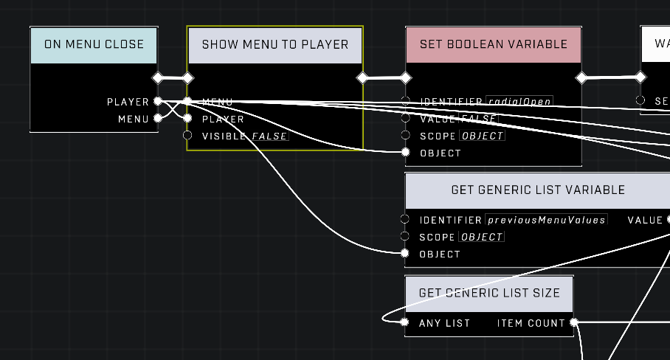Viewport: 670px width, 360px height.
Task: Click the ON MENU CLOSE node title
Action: [x=94, y=44]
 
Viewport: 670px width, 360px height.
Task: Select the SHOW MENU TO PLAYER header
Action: [x=274, y=44]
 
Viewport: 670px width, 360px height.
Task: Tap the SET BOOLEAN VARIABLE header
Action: [x=493, y=44]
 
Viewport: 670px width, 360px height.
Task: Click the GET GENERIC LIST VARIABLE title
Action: [x=537, y=190]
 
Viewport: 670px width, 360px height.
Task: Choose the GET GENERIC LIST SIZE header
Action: [x=488, y=293]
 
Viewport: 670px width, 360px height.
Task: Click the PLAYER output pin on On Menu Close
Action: [x=157, y=101]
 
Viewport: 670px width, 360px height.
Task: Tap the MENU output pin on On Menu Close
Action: [x=157, y=118]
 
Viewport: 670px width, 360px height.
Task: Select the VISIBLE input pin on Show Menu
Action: [x=187, y=136]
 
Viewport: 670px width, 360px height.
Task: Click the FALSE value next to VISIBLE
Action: [x=269, y=136]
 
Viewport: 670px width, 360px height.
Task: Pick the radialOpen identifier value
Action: [x=519, y=102]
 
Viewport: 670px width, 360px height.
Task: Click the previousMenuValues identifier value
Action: [x=546, y=220]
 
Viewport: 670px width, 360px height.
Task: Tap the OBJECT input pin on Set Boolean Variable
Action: [x=405, y=153]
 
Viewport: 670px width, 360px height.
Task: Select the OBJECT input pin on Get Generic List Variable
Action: [x=404, y=254]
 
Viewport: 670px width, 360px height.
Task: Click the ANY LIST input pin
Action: [x=404, y=322]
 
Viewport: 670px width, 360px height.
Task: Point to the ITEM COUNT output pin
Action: [x=573, y=322]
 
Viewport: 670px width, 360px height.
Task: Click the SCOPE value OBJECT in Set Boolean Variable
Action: [x=482, y=136]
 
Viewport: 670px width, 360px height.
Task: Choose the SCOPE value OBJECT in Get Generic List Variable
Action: [x=481, y=238]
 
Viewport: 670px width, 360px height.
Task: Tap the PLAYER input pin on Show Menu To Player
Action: [x=187, y=118]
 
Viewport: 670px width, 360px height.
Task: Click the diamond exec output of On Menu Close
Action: [x=157, y=77]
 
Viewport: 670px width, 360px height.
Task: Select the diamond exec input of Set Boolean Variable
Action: [x=405, y=77]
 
